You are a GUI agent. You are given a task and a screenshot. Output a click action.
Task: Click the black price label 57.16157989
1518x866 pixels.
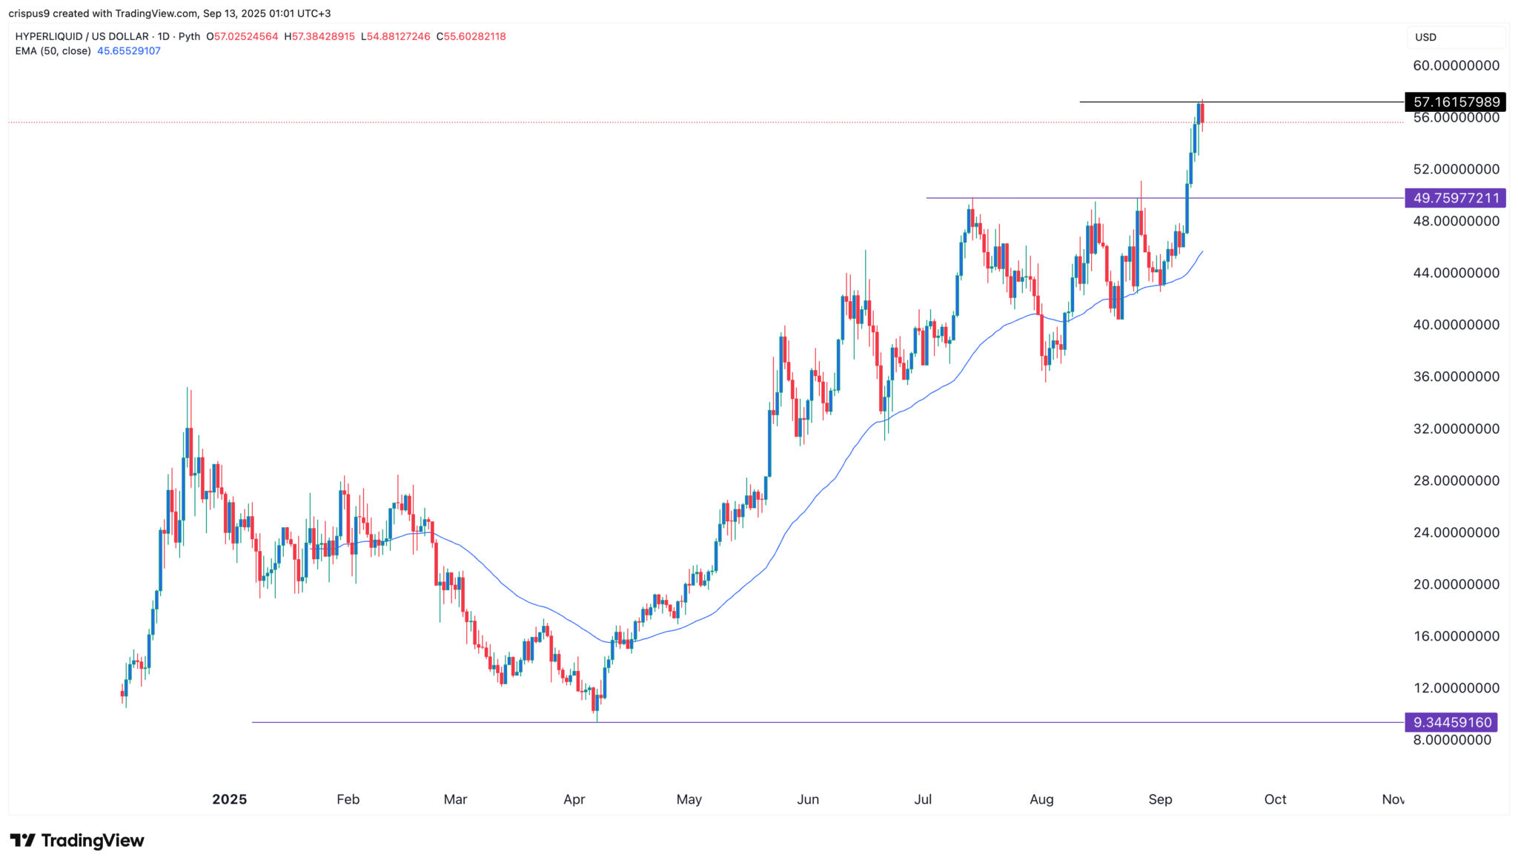tap(1456, 102)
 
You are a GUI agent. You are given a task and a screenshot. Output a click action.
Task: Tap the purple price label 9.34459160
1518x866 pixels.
tap(1451, 722)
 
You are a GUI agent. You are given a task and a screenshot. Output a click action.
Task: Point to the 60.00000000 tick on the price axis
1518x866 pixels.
tap(1456, 65)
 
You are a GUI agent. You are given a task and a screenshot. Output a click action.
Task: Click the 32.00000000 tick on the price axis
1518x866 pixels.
tap(1456, 429)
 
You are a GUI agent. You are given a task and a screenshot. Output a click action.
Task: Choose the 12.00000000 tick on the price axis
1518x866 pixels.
tap(1456, 688)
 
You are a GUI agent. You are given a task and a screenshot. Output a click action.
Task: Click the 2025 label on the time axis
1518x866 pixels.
tap(229, 799)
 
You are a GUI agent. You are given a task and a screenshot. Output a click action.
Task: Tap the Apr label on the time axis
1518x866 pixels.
tap(574, 799)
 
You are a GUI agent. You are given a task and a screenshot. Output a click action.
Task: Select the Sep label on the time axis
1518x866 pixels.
tap(1160, 799)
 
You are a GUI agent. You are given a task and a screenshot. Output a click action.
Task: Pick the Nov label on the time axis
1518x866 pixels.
tap(1393, 799)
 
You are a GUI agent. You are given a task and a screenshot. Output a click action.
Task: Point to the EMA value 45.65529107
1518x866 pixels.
tap(129, 51)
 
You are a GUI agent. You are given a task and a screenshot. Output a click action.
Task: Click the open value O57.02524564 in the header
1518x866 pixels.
tap(242, 36)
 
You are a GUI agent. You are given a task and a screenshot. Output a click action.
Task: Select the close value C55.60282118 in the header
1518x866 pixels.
tap(471, 36)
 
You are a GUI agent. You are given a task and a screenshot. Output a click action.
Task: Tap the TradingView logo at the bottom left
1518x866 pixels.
tap(77, 841)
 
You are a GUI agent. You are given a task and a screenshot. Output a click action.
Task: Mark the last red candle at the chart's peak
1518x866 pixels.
tap(1202, 113)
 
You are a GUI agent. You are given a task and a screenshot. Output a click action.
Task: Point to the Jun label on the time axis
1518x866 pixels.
tap(808, 799)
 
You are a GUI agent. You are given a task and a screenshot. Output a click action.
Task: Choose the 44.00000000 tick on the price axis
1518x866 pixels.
tap(1456, 273)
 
